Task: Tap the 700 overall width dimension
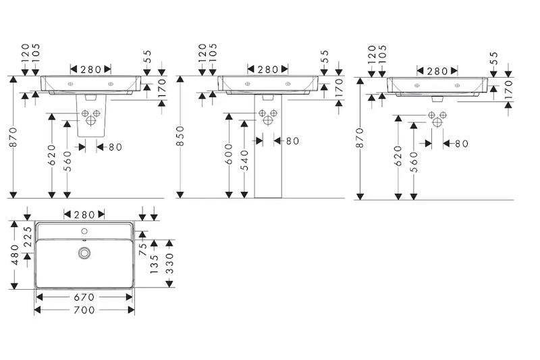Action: [84, 309]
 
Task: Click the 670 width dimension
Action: [84, 297]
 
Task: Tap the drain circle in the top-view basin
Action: [84, 253]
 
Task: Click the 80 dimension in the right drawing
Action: [461, 143]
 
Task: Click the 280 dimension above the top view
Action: [84, 215]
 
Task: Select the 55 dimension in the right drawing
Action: [493, 58]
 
